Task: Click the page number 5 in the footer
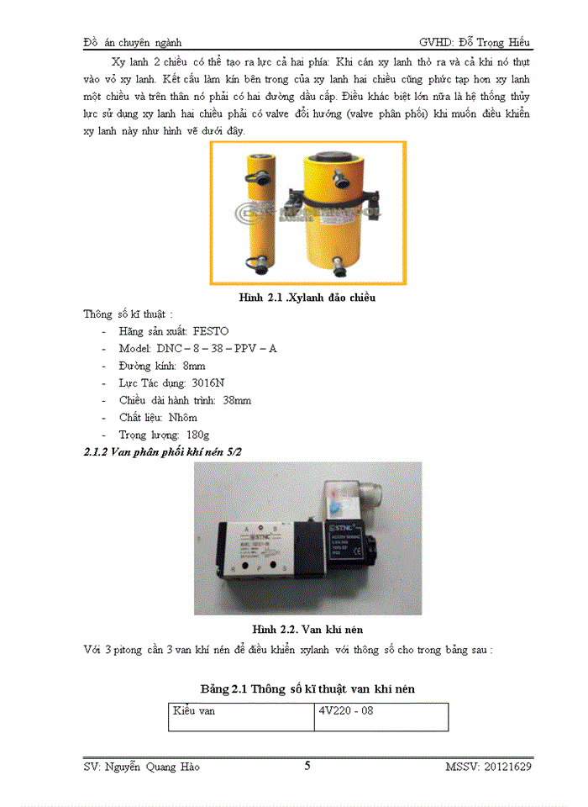(307, 765)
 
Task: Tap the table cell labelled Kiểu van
(195, 710)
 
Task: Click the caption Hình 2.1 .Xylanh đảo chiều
(307, 298)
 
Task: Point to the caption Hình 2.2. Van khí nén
(307, 628)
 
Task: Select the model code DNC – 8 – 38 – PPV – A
(216, 348)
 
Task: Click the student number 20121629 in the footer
(507, 766)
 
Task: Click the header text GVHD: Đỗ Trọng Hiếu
(475, 42)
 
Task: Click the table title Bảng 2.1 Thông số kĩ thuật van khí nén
(307, 688)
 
